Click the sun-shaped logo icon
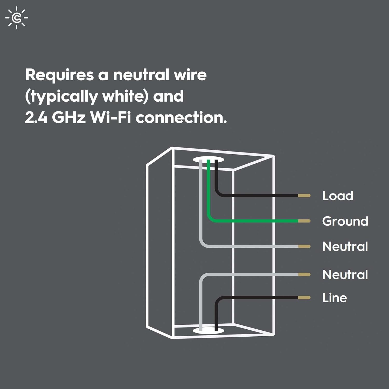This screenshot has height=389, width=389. pyautogui.click(x=17, y=18)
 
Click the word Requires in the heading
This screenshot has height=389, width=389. pyautogui.click(x=59, y=75)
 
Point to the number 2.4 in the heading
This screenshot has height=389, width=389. pyautogui.click(x=36, y=117)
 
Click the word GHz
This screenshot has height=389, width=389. pyautogui.click(x=69, y=117)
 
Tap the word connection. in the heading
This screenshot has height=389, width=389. pyautogui.click(x=181, y=117)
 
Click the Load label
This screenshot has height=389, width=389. pyautogui.click(x=338, y=196)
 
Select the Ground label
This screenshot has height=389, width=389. pyautogui.click(x=345, y=221)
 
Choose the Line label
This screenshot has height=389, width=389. pyautogui.click(x=335, y=297)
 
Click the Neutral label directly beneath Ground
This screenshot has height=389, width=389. pyautogui.click(x=345, y=246)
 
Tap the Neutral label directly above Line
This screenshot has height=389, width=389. pyautogui.click(x=345, y=274)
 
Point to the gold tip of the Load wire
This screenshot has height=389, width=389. pyautogui.click(x=304, y=196)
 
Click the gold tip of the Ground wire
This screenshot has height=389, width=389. pyautogui.click(x=304, y=221)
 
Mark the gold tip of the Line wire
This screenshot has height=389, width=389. pyautogui.click(x=304, y=297)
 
